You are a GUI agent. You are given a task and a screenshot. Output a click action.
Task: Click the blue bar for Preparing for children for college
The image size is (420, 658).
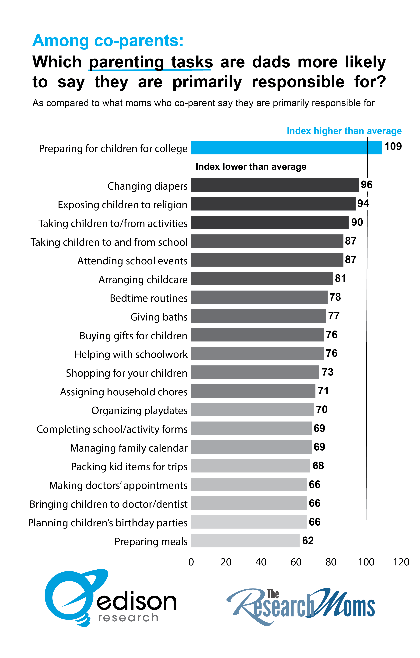pos(286,148)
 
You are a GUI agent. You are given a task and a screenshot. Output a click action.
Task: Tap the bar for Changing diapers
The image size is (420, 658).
pos(275,185)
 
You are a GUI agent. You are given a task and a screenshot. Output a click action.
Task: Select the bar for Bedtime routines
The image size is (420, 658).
pos(259,297)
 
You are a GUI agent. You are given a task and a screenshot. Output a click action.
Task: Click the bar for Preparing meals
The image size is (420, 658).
pos(245,540)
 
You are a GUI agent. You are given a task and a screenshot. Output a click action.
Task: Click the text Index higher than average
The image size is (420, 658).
pos(344,131)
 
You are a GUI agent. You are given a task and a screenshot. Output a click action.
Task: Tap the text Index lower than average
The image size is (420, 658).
pos(251,167)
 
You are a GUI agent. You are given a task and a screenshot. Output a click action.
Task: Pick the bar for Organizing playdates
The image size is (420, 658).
pos(252,409)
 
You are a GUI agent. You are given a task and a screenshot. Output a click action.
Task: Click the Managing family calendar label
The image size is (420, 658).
pos(129,448)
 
